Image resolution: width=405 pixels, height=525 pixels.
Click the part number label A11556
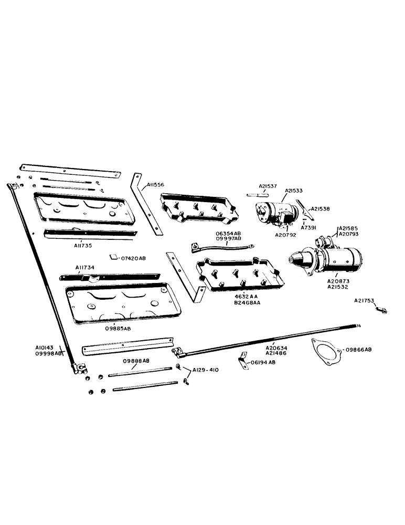coord(156,184)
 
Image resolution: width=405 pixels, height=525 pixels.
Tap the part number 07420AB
coord(133,258)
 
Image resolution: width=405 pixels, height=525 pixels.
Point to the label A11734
coord(85,267)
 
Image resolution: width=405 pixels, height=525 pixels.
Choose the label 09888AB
coord(136,362)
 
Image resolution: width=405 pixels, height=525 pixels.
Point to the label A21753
coord(364,301)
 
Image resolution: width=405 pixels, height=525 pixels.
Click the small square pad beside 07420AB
coord(113,257)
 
